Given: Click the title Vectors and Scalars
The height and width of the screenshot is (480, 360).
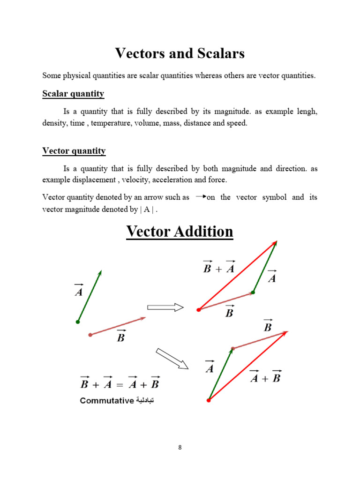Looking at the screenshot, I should (180, 54).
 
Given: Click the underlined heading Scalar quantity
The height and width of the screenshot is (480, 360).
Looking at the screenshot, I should (73, 94).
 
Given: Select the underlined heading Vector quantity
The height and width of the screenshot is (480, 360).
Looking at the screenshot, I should (74, 151).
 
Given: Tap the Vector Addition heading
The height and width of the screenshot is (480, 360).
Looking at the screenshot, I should (180, 232).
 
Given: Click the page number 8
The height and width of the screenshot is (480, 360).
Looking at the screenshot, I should (180, 447).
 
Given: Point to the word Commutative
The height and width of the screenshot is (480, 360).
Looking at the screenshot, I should (106, 401).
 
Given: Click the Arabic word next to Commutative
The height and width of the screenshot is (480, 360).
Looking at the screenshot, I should (145, 401).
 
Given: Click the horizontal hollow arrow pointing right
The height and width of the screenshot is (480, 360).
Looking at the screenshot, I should (165, 307).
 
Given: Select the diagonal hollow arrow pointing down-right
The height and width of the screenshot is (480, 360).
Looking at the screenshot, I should (172, 359).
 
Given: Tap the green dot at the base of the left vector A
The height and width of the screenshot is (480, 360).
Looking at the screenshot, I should (78, 322).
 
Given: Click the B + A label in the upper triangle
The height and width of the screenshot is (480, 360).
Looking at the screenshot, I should (218, 268).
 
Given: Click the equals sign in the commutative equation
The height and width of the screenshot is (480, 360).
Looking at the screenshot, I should (120, 384).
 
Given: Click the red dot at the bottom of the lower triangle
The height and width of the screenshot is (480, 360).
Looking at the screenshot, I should (209, 400).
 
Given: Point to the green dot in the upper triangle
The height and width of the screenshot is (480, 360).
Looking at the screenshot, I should (253, 292).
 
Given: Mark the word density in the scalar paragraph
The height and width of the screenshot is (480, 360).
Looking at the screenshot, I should (53, 124).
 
